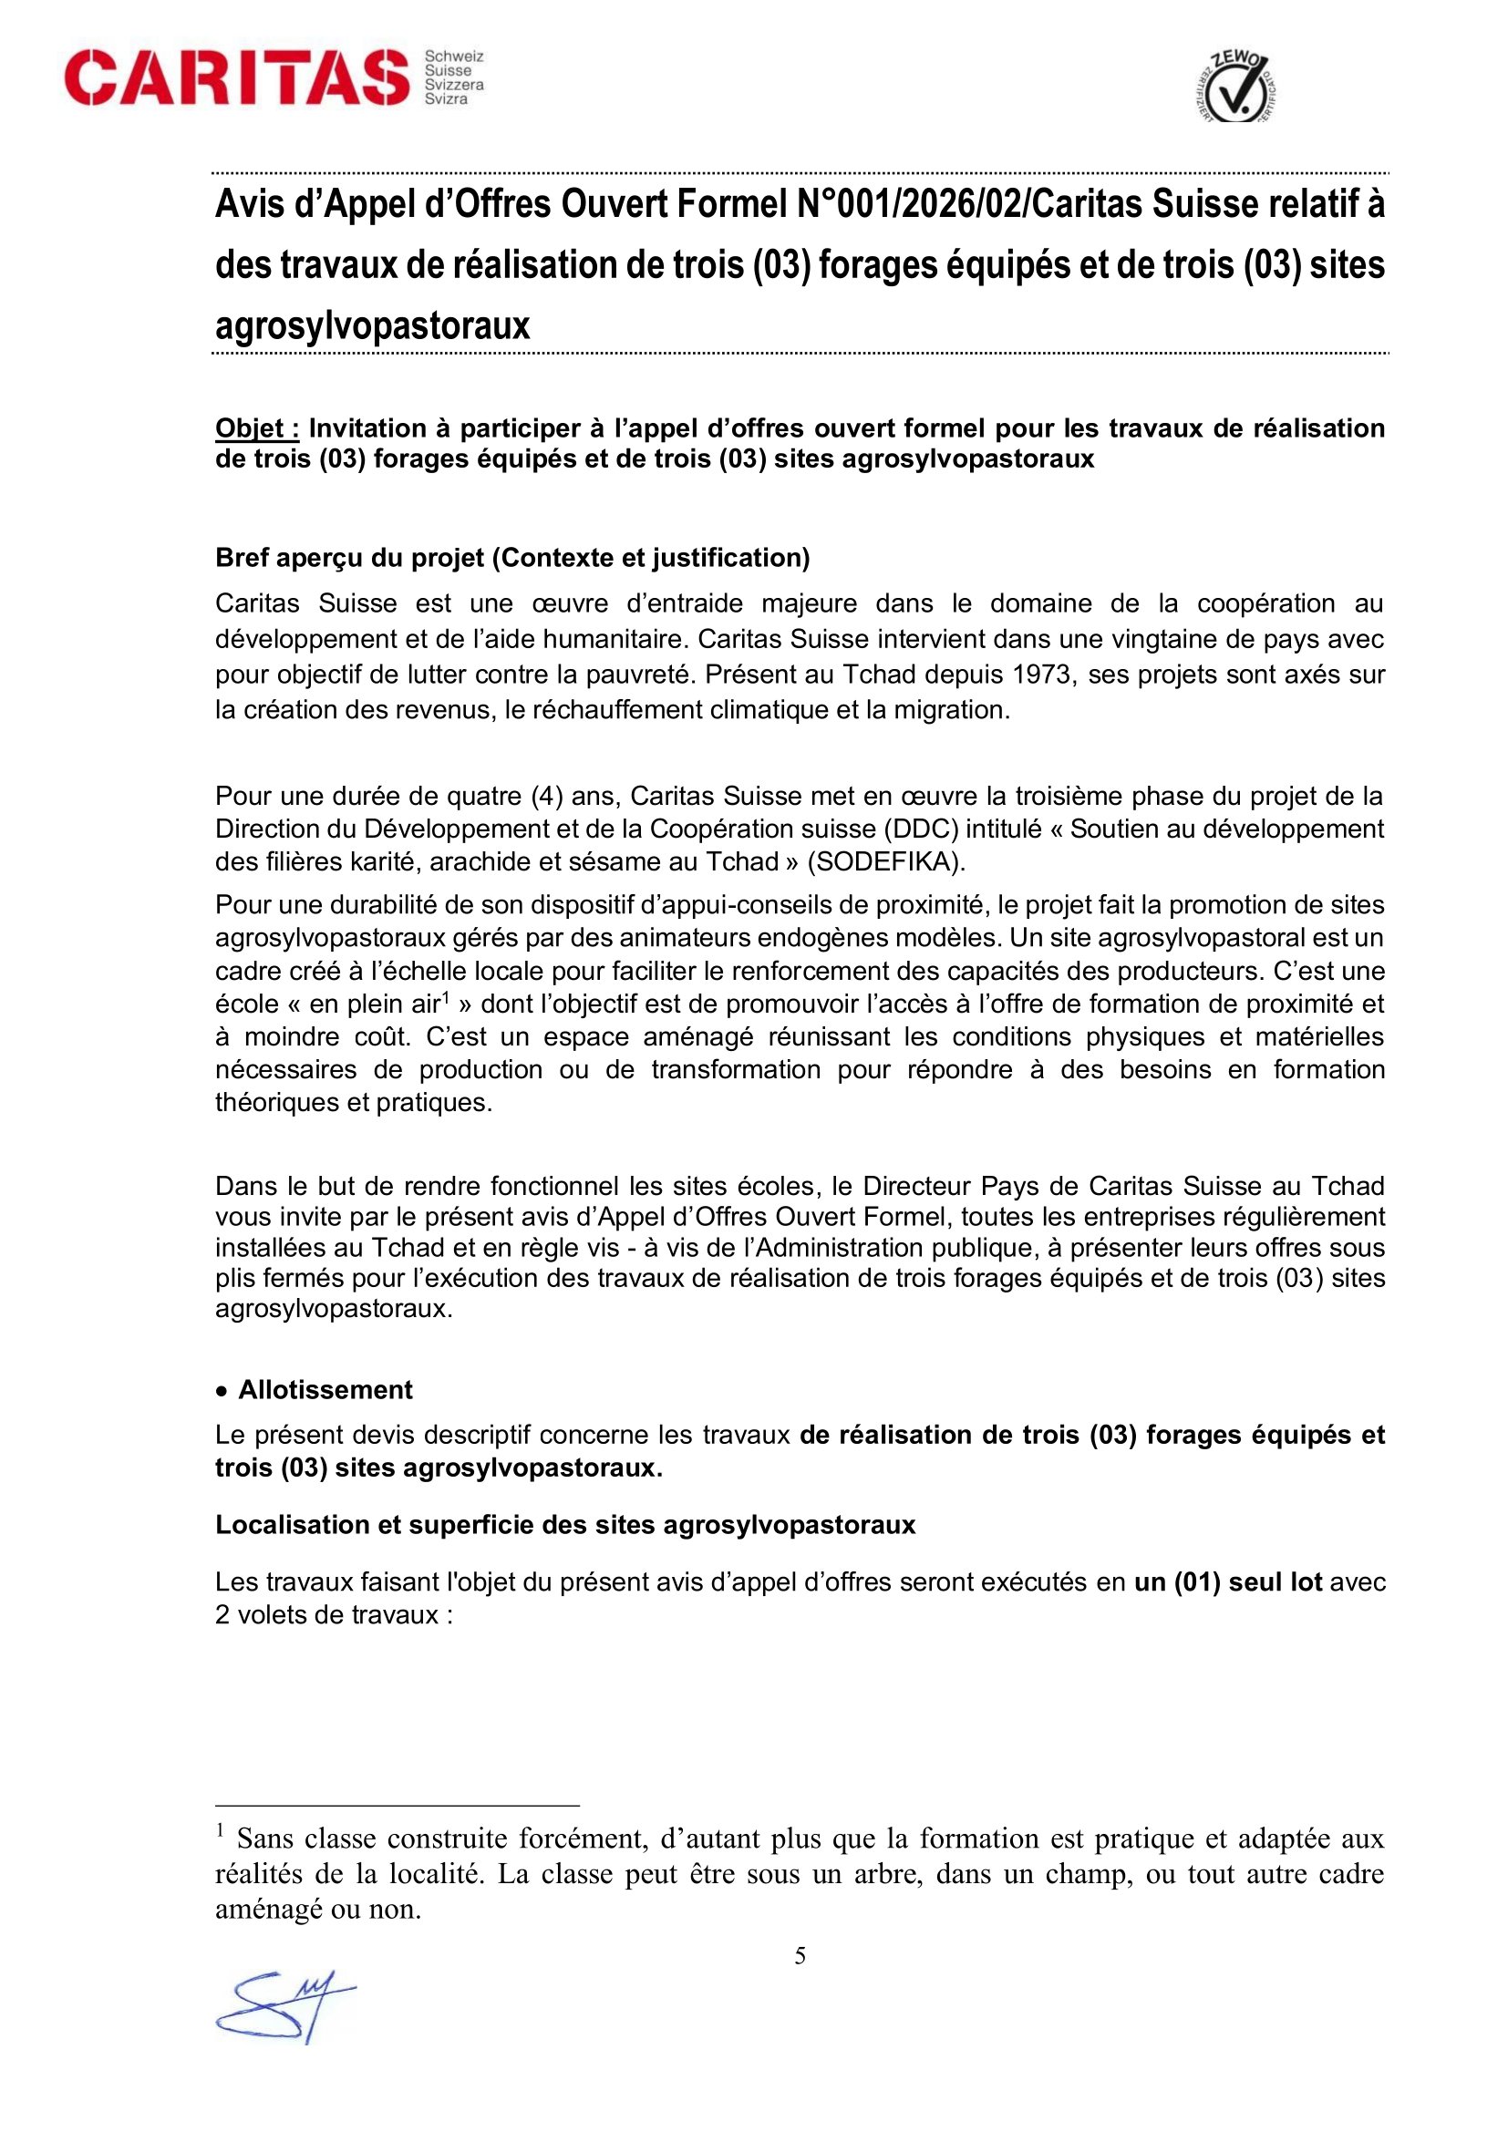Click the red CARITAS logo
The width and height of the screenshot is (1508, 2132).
(x=237, y=78)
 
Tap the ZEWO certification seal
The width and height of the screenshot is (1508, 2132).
(x=1234, y=88)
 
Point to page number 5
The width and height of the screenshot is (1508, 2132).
(x=800, y=1956)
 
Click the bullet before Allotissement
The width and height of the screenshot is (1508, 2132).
(x=221, y=1390)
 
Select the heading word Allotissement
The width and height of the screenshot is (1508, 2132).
(x=325, y=1389)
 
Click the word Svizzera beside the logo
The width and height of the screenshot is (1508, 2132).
(x=454, y=85)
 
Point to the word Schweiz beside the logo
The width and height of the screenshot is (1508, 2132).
(x=454, y=57)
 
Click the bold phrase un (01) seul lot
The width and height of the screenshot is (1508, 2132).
(x=1227, y=1581)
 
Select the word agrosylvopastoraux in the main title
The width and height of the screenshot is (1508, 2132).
(x=372, y=326)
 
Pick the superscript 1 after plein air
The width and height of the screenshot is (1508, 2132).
(x=446, y=998)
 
